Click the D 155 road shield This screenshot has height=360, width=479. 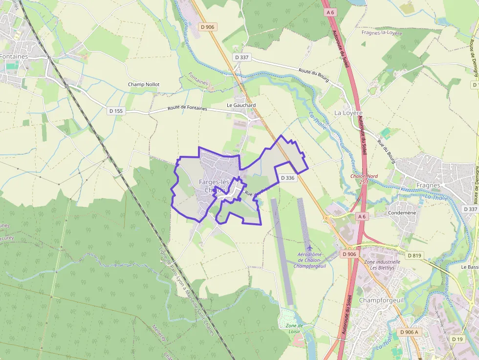click(x=116, y=111)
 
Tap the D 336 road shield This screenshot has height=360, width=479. click(x=288, y=178)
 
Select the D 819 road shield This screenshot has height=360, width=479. click(x=414, y=255)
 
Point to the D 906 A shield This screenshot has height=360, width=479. click(x=409, y=332)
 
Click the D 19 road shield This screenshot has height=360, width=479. click(x=457, y=339)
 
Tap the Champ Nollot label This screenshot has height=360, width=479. click(x=144, y=85)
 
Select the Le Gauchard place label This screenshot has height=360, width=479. click(x=241, y=105)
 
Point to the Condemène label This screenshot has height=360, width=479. click(x=402, y=213)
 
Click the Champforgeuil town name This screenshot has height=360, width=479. click(x=381, y=300)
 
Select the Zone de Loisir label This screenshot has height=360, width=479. click(x=293, y=329)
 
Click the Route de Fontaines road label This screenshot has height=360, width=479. click(x=187, y=108)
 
